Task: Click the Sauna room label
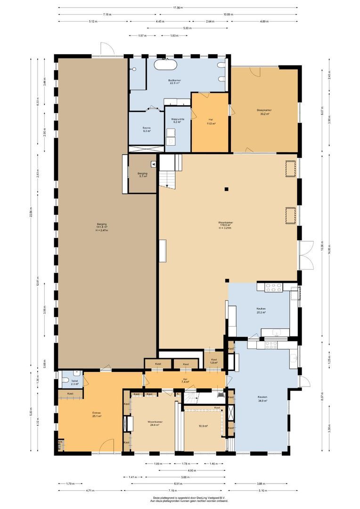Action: [x=146, y=129]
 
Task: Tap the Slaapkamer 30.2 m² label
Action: [x=264, y=112]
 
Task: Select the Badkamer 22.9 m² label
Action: [x=175, y=82]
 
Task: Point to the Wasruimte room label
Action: [x=178, y=121]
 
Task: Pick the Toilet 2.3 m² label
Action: [x=74, y=382]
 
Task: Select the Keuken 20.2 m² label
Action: [x=261, y=310]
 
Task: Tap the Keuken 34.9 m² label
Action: [x=262, y=399]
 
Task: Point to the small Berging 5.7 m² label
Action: [x=142, y=175]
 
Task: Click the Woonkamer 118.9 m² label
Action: [x=226, y=225]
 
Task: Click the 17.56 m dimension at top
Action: [x=178, y=8]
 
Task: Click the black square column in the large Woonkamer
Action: [x=227, y=189]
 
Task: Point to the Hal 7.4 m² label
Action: [x=185, y=380]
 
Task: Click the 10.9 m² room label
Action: [x=203, y=426]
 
